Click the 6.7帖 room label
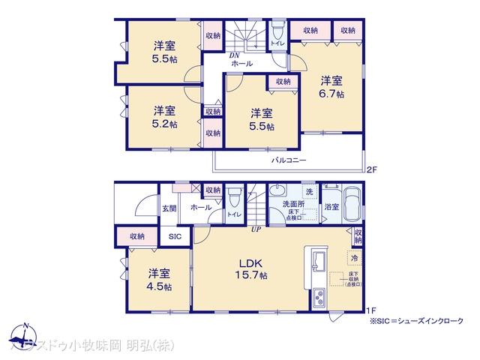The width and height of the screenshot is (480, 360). tap(332, 86)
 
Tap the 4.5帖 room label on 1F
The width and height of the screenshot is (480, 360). tap(159, 279)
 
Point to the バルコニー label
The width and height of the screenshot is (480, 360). tap(289, 160)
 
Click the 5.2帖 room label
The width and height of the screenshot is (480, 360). tap(161, 116)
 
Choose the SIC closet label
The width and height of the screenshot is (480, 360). tap(175, 236)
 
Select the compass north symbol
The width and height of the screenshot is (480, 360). tap(25, 334)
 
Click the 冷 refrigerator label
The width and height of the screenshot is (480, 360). tap(354, 258)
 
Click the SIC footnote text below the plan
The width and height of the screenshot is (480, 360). tap(415, 320)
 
